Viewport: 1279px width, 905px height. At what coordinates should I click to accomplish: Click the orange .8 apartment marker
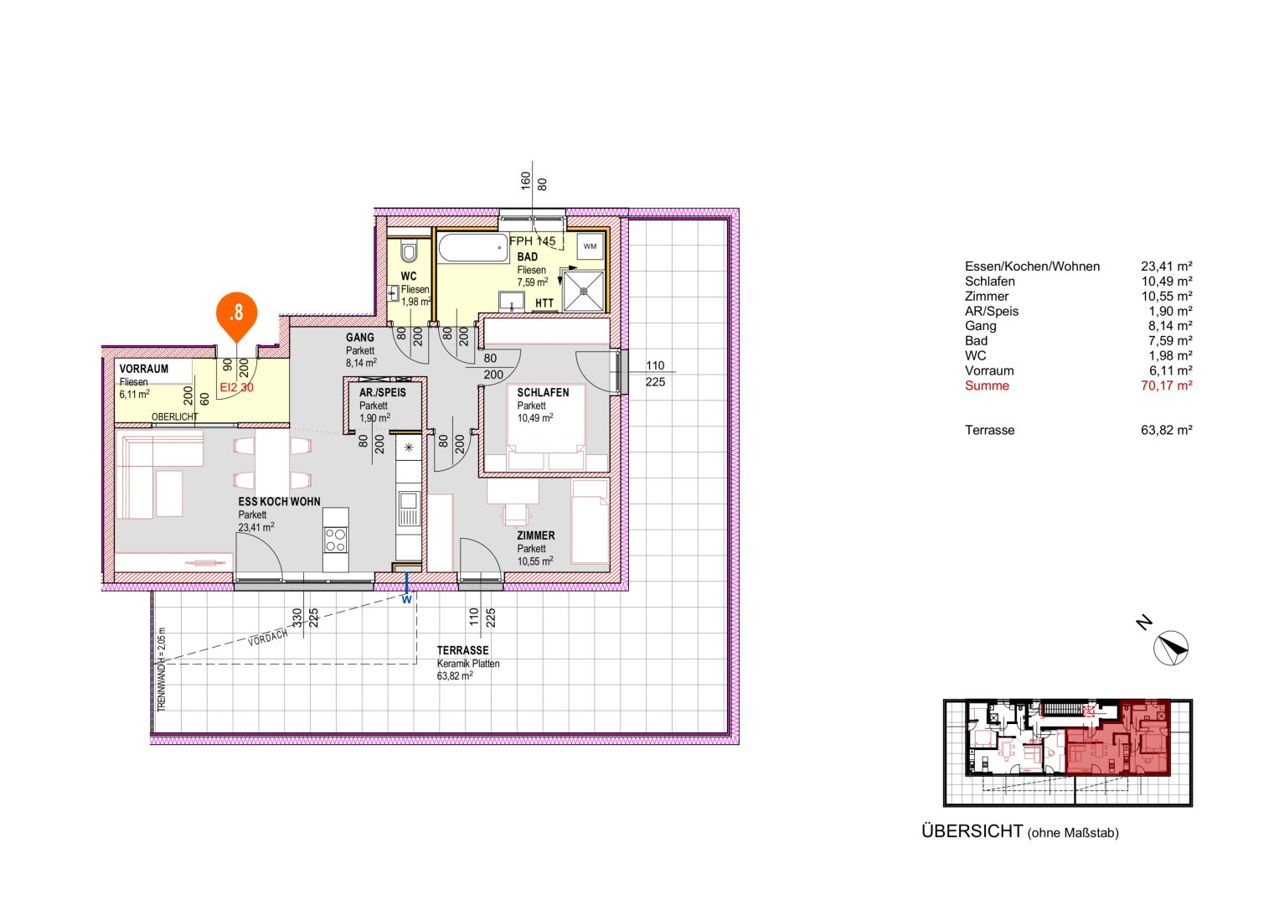(236, 313)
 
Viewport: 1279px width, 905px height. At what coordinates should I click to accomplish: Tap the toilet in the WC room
(409, 251)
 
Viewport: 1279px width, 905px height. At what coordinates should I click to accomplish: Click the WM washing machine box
(590, 246)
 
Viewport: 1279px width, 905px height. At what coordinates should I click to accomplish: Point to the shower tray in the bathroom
(584, 290)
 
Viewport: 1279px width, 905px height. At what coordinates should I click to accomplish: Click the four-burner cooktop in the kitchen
(336, 540)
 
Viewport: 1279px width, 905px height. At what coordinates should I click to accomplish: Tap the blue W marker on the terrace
(406, 599)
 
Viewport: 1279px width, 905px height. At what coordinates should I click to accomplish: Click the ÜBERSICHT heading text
(972, 831)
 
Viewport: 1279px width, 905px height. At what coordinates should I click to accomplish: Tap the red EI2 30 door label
(236, 388)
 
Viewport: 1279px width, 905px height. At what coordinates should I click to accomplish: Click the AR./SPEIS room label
(382, 392)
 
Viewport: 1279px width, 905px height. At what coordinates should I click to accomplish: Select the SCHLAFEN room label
(543, 392)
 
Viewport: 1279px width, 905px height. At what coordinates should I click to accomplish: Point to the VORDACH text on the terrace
(267, 639)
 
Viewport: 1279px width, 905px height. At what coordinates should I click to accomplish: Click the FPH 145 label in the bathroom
(532, 240)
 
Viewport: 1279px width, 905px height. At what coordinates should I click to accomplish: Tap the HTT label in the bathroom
(544, 303)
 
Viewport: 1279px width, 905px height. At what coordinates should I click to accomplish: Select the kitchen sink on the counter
(409, 504)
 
